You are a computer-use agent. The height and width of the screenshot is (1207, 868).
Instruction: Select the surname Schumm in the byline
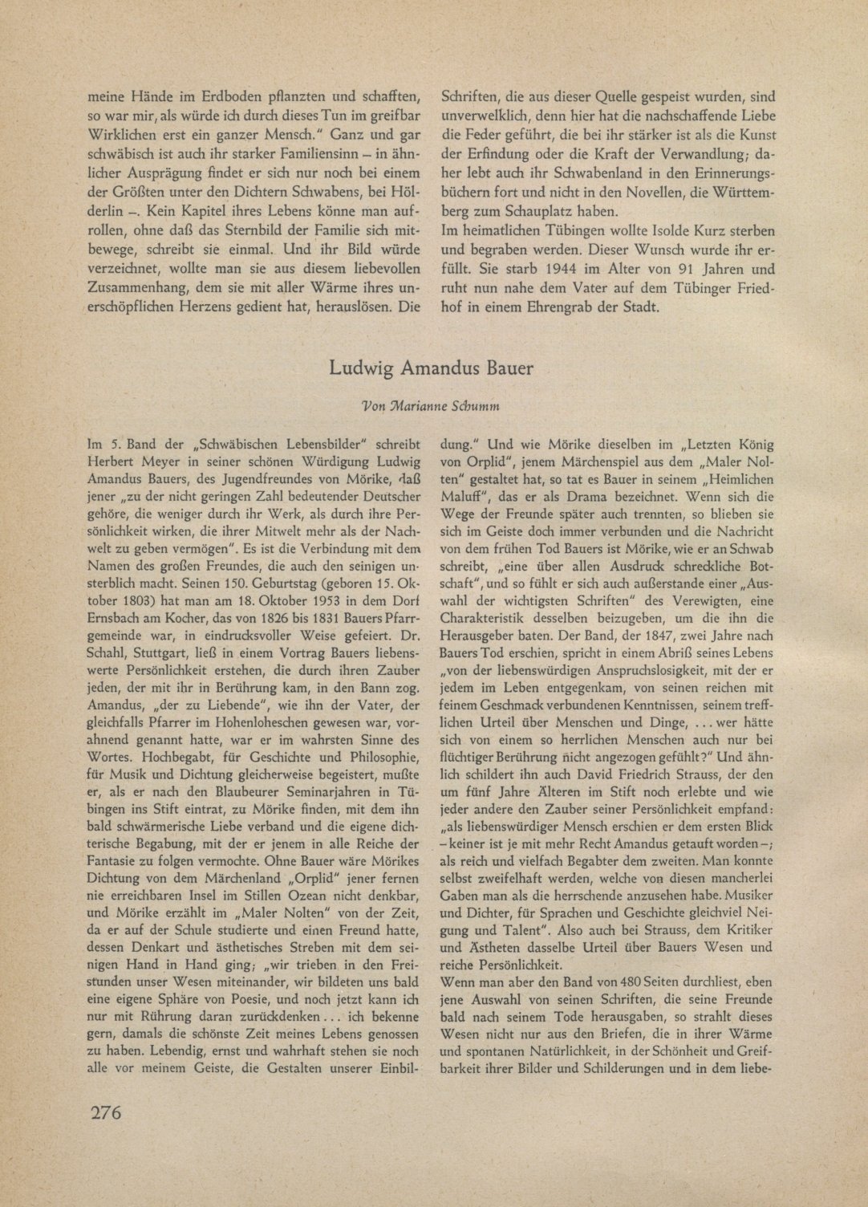tap(480, 407)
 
